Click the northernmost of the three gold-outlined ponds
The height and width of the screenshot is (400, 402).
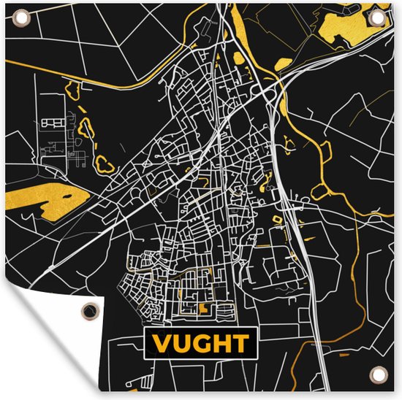[74, 90]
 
